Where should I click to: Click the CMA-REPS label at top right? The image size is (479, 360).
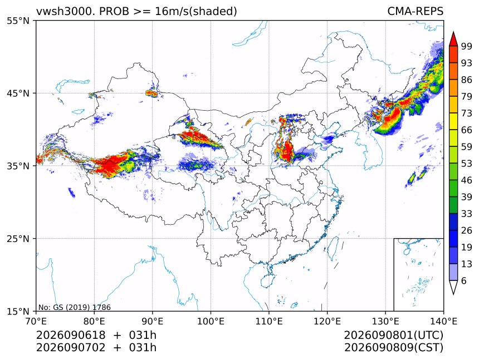tap(415, 11)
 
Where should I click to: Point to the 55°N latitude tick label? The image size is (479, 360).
tap(18, 21)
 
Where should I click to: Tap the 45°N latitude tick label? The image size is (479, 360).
tap(18, 93)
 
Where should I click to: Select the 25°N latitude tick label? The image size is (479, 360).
tap(18, 238)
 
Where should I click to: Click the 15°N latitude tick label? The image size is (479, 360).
tap(18, 311)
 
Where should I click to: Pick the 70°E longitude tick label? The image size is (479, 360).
tap(36, 321)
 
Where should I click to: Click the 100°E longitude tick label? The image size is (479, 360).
tap(211, 321)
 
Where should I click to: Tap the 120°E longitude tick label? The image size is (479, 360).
tap(327, 321)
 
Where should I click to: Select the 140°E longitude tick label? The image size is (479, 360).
tap(443, 321)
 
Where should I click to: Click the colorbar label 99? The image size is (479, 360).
tap(467, 46)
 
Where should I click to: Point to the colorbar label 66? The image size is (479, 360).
tap(467, 130)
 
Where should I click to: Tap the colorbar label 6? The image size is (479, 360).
tap(464, 280)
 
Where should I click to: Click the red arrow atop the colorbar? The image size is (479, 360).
tap(453, 39)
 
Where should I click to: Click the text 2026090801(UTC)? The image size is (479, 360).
tap(393, 335)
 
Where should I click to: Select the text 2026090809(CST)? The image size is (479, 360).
tap(393, 348)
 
